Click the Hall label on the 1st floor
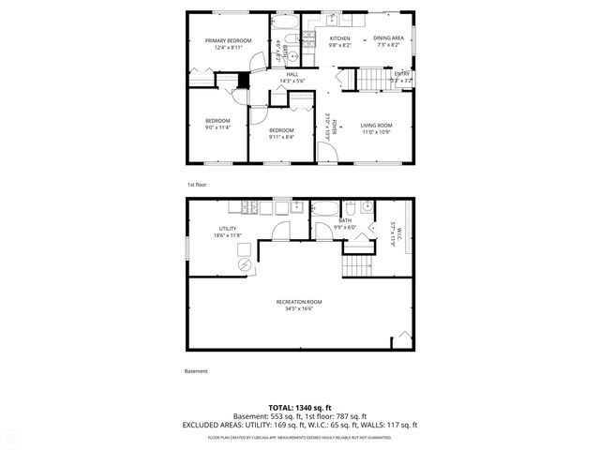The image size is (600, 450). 292,74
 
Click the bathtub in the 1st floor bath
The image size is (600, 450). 285,22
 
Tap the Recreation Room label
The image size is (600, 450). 299,301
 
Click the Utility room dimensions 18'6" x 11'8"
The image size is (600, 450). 230,235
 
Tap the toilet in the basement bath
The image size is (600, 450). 348,208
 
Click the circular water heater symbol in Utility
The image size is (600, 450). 245,265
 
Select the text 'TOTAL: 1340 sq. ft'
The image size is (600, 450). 299,408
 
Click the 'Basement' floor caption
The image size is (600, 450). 196,371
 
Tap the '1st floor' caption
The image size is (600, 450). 195,185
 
